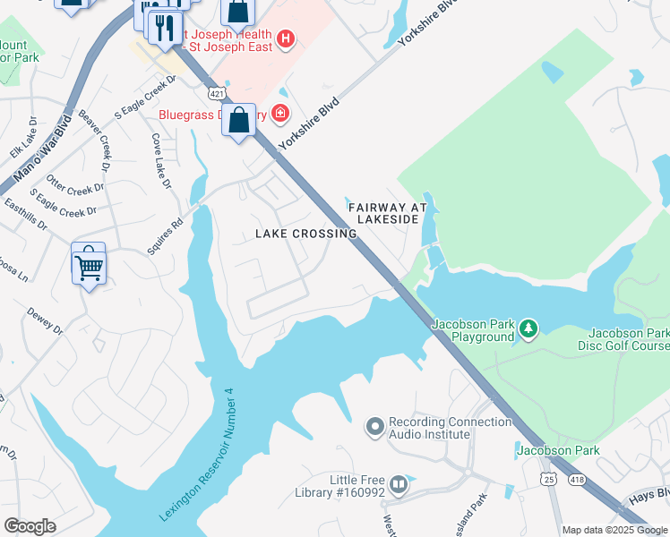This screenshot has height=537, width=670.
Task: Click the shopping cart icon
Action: point(89,264)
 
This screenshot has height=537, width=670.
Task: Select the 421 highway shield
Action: point(216,92)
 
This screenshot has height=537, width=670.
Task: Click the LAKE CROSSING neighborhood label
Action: point(306,234)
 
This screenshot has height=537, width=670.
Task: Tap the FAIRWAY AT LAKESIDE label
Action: point(388,212)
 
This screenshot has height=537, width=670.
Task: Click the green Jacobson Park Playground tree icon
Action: point(528,329)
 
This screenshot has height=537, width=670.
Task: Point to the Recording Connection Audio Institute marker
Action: point(374,427)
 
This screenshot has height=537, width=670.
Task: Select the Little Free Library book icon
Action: point(398,485)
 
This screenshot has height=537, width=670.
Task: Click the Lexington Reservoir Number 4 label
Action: point(197,455)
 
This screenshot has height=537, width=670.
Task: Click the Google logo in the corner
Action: point(30,526)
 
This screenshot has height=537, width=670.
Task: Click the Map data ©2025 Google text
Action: point(614,530)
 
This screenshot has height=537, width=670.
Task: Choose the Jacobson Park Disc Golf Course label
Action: point(629,339)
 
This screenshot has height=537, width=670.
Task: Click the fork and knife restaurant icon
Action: point(163,27)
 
